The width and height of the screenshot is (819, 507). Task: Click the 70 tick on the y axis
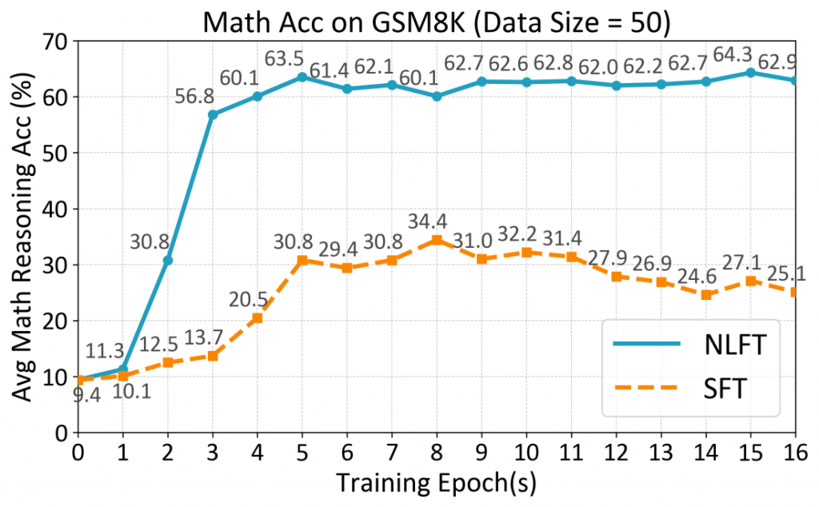pos(58,41)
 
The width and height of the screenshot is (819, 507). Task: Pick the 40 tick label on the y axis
pos(58,209)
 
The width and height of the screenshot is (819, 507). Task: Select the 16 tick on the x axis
pos(795,452)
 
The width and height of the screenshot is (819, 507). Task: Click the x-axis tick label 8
pos(437,452)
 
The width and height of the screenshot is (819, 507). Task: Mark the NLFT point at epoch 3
pos(213,114)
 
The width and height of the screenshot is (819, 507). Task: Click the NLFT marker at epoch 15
pos(750,72)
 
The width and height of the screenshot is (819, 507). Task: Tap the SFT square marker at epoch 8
pos(437,240)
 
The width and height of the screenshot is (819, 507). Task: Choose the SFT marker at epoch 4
pos(258,317)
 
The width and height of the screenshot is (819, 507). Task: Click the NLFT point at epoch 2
pos(168,260)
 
